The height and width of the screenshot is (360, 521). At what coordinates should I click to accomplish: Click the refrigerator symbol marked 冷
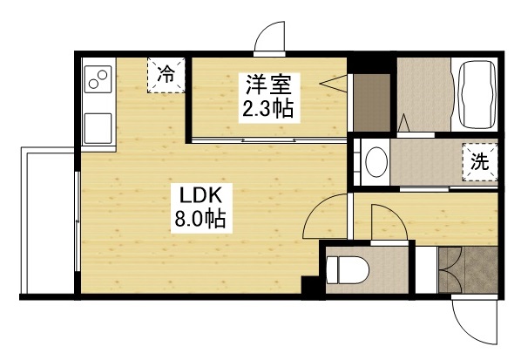click(165, 74)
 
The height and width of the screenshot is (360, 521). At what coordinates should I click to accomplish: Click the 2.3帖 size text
click(267, 110)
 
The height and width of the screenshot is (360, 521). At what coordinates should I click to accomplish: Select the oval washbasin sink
click(376, 163)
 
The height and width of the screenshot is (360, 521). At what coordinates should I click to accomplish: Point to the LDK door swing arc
click(327, 218)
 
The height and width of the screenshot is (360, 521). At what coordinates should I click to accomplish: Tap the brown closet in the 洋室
click(371, 103)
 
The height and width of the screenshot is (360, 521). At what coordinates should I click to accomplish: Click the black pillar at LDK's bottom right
click(308, 287)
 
